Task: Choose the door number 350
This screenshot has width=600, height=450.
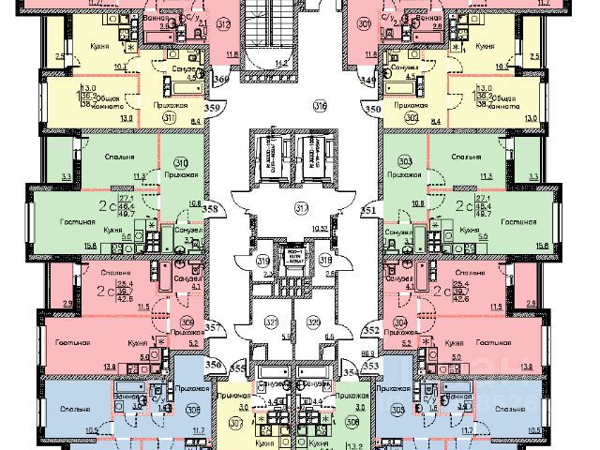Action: coord(372,110)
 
